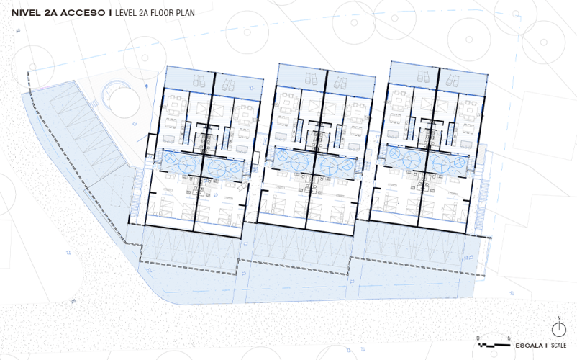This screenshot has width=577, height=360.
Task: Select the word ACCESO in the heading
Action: coord(83,13)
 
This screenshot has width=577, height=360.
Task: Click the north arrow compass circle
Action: coord(558,330)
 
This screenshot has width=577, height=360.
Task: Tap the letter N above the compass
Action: coord(558,318)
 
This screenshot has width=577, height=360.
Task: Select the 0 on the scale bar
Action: coord(478,338)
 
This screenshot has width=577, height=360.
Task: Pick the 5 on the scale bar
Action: coord(509,338)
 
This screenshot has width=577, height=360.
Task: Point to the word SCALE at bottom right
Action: coord(558,346)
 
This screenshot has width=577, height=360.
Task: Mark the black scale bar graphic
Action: coord(494,346)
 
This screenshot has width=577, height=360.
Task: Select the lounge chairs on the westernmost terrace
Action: coord(199,81)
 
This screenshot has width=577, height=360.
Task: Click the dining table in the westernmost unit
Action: coord(173,104)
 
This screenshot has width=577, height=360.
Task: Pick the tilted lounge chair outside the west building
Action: coord(243,186)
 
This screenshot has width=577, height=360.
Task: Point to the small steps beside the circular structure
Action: coord(94,104)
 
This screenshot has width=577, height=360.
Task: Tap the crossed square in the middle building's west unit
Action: coord(316,107)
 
